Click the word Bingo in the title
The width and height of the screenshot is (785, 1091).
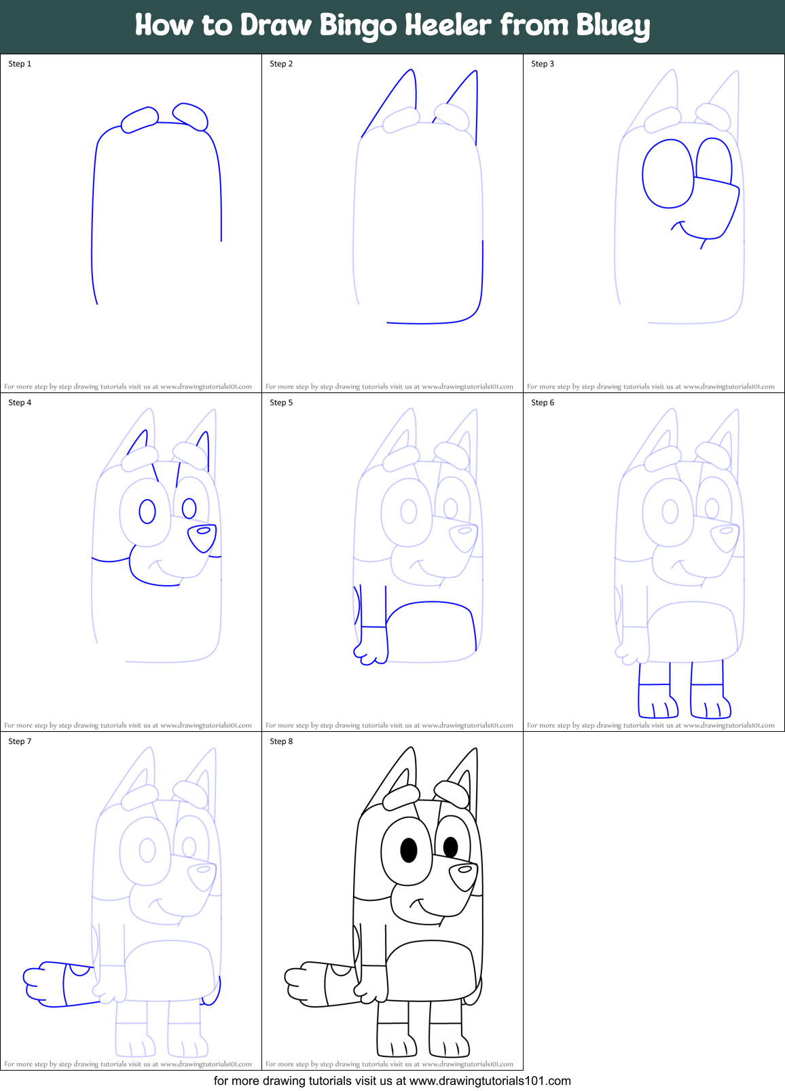pos(358,26)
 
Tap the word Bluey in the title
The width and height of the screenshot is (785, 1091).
pos(613,26)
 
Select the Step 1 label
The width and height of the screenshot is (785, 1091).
pos(20,64)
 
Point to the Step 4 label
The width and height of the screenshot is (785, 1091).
pos(20,403)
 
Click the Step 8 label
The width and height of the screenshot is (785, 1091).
pos(281,741)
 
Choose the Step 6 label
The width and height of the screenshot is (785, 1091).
pos(543,403)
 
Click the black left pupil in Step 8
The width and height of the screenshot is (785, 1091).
pos(409,850)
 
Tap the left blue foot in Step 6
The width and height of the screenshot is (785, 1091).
pos(657,706)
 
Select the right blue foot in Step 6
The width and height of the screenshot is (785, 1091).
pos(710,706)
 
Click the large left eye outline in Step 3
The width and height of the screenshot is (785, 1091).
pos(668,174)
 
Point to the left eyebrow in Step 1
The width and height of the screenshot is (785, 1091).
pos(140,119)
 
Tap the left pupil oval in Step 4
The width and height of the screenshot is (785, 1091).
pos(147,511)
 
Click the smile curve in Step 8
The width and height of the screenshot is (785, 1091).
pos(426,910)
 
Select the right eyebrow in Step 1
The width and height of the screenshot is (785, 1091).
pos(191,115)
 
